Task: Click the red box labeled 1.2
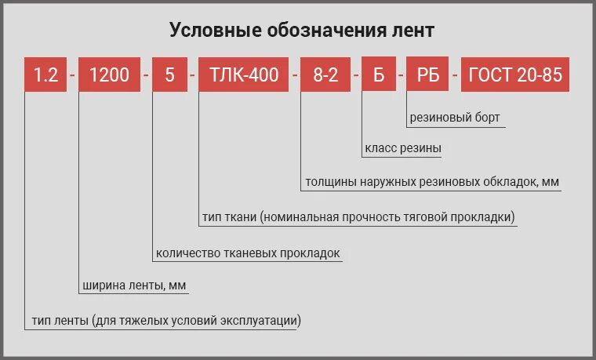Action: click(x=45, y=75)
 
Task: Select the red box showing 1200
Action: click(x=109, y=75)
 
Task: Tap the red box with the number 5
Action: click(x=170, y=75)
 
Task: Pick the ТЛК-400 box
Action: click(x=244, y=75)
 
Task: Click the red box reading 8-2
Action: click(x=325, y=75)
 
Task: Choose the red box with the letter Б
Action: click(x=380, y=75)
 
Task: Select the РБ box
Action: click(x=427, y=75)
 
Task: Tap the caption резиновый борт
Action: click(x=454, y=118)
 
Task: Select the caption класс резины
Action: click(x=403, y=148)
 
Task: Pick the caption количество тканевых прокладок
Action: click(x=248, y=253)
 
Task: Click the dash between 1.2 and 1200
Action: click(x=72, y=75)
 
